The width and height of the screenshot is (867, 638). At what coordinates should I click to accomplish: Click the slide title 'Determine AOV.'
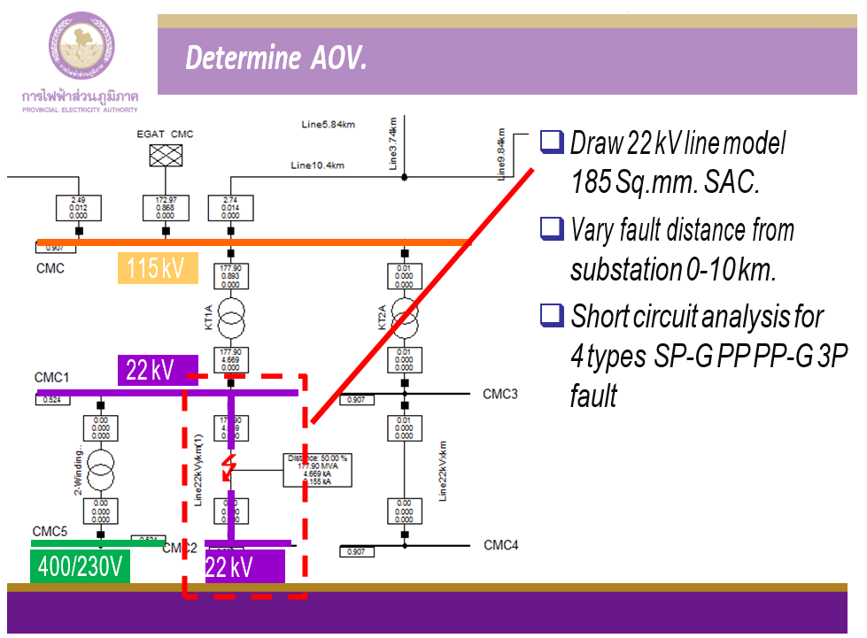tap(276, 59)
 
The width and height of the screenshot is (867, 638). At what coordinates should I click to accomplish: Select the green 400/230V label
tap(80, 567)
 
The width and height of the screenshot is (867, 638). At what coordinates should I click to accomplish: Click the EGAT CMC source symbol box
tap(164, 157)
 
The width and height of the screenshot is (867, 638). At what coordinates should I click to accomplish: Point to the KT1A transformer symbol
tap(230, 313)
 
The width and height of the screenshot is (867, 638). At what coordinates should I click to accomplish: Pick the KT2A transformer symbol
tap(404, 313)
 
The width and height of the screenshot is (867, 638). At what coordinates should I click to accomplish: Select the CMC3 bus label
tap(499, 394)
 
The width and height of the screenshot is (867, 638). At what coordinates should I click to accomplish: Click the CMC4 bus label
tap(500, 545)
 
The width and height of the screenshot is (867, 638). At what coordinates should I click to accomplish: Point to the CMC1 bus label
tap(51, 378)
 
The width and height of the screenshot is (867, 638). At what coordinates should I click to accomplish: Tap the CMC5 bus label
tap(50, 531)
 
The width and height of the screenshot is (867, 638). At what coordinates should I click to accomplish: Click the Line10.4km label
tap(317, 165)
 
